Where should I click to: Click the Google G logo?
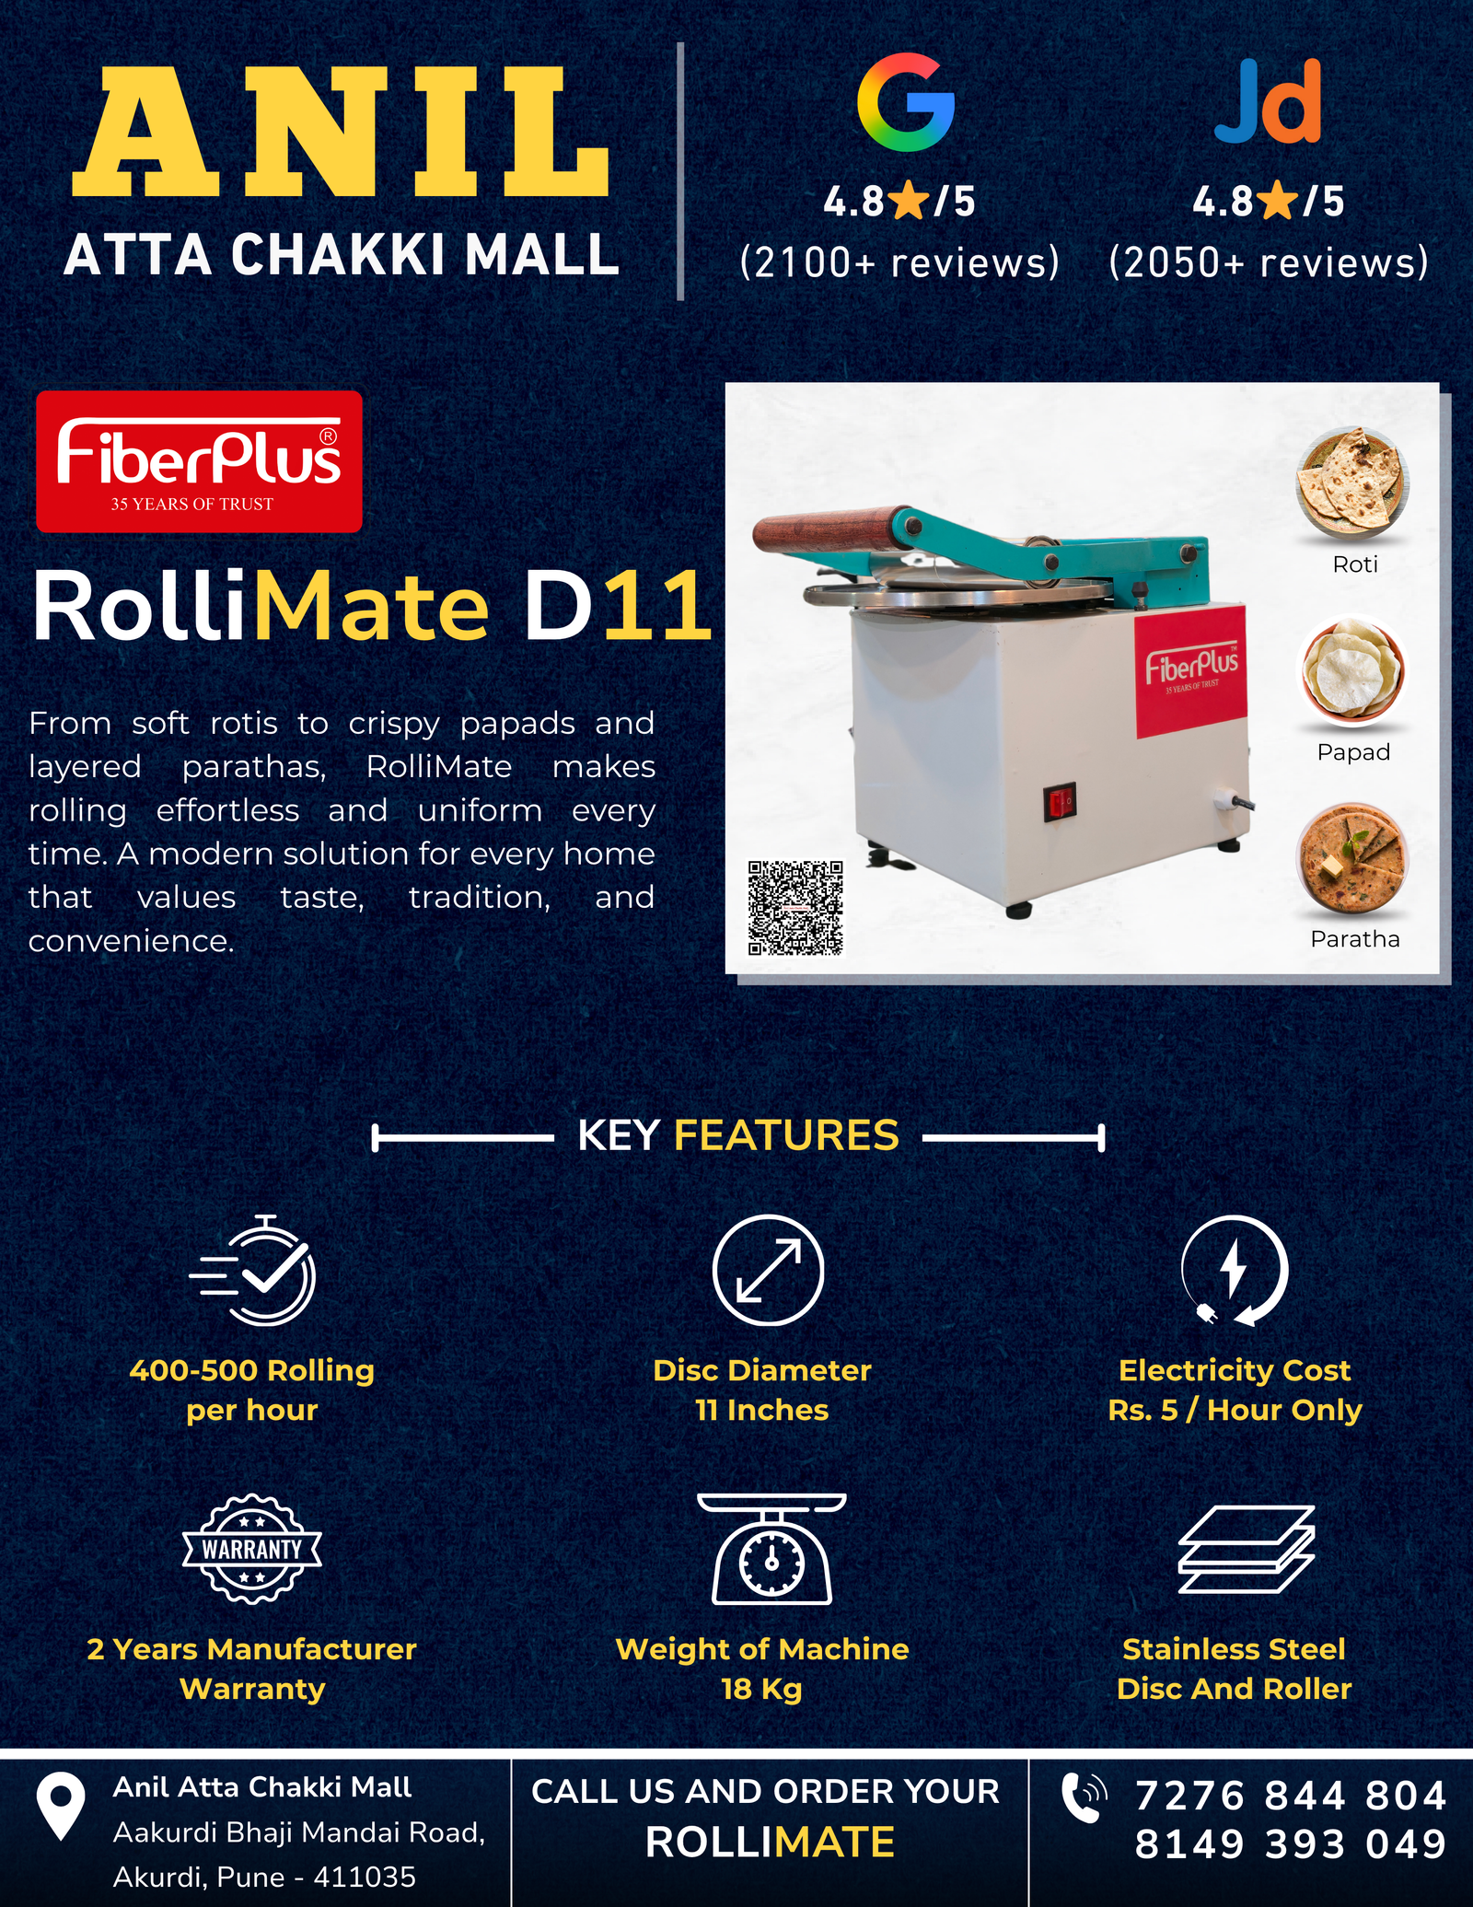(x=906, y=102)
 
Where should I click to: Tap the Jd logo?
(x=1268, y=101)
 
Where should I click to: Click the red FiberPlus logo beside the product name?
(x=199, y=461)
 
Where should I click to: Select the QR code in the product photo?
(x=795, y=908)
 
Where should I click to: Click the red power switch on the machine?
(x=1060, y=802)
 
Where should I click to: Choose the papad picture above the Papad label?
(x=1352, y=670)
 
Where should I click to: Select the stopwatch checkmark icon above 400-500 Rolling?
(x=253, y=1270)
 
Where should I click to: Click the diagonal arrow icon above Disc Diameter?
(x=768, y=1271)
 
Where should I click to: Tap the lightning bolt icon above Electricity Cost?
(x=1235, y=1271)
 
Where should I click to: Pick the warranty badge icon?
(x=252, y=1549)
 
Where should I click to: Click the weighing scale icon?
(x=771, y=1549)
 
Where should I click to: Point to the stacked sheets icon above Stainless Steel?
(x=1247, y=1550)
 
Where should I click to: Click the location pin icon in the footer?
(x=61, y=1807)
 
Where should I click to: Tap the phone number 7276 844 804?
(x=1291, y=1796)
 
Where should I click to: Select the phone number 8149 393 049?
(x=1291, y=1844)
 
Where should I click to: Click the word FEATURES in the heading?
(x=786, y=1135)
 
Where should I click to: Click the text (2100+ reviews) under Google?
(x=899, y=262)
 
